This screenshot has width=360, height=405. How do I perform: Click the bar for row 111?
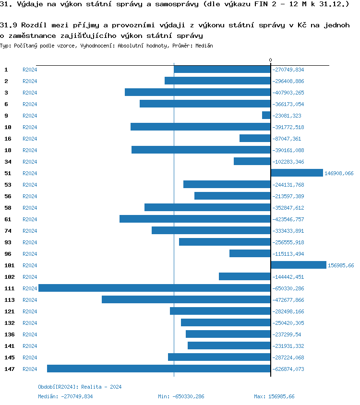coord(154,288)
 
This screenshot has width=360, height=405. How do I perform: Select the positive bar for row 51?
coord(297,173)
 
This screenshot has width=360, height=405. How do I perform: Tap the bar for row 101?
coord(299,265)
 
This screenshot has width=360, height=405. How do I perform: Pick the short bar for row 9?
coord(266,115)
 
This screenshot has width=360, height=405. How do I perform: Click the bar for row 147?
coord(158,369)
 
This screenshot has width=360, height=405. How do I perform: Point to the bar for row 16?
coord(255,138)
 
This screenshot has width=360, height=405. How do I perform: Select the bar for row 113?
coord(186,299)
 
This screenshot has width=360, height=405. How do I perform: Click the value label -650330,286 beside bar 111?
coord(288,288)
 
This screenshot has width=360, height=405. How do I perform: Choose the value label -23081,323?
coord(287,116)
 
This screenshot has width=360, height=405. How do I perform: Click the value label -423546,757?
coord(288,219)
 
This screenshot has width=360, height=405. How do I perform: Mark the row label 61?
coord(8,219)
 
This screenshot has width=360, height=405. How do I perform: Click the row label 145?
coord(10,357)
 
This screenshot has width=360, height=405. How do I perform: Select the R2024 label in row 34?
coord(30,162)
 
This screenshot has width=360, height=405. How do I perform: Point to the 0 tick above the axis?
coord(270,60)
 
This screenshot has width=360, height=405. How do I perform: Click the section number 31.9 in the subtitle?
coord(8,25)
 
